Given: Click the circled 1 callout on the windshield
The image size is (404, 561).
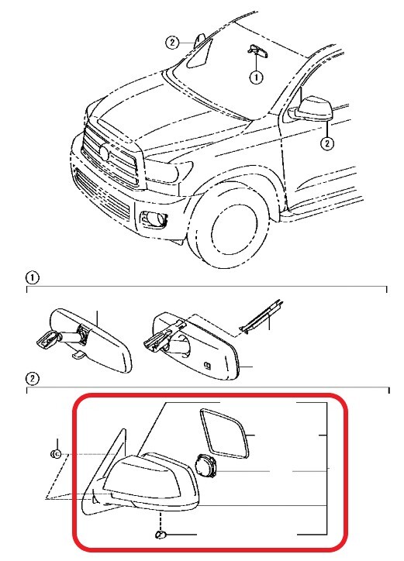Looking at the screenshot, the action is pos(256,77).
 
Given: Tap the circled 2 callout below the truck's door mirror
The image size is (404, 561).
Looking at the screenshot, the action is pos(327,143).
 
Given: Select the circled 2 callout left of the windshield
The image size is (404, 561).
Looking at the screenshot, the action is pos(172,43).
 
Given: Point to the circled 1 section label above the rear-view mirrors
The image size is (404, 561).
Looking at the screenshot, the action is pos(33,277).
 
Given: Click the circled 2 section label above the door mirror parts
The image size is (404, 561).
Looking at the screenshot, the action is pos(33,379).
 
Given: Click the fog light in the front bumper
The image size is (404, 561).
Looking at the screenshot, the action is pos(154,219).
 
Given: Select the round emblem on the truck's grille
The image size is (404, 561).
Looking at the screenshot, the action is pos(104,153).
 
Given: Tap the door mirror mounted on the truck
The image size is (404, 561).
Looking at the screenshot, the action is pos(312,109).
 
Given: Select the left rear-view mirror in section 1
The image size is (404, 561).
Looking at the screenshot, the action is pos(85,340).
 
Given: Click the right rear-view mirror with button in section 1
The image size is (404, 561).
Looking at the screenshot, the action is pos(193,346).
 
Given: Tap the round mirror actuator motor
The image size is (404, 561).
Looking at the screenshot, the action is pos(206,466).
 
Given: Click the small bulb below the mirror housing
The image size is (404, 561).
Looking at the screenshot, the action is pos(160,535).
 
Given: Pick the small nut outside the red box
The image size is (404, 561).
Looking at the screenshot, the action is pos(56,454).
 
